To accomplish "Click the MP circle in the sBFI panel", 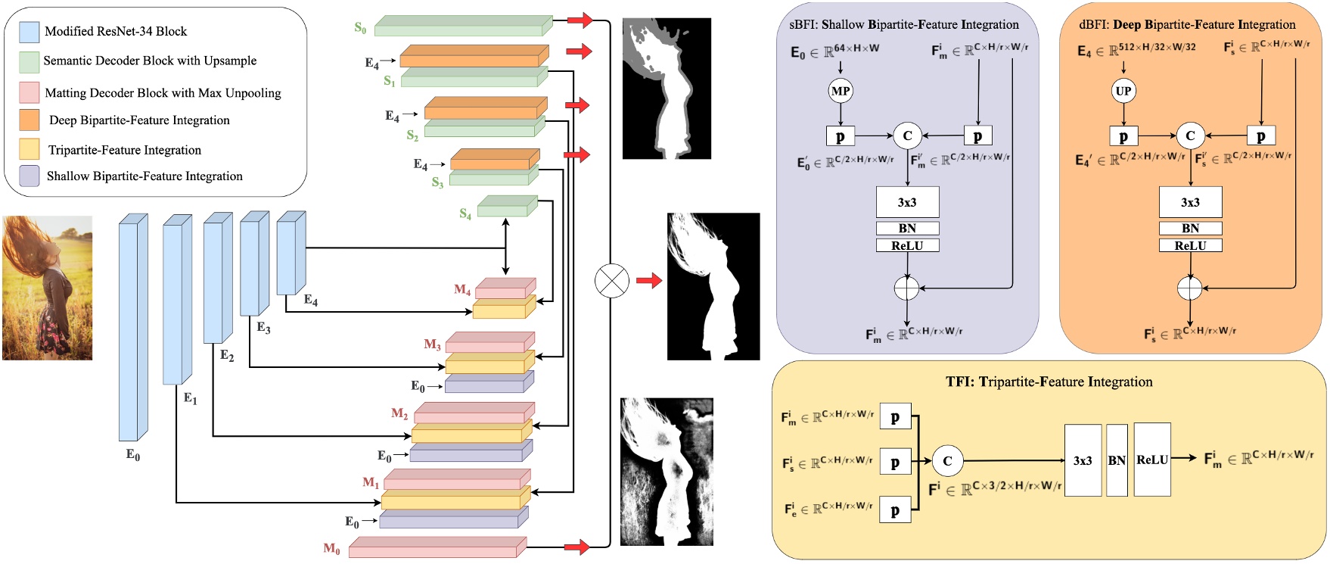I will [x=841, y=92].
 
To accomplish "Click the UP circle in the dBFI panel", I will [x=1123, y=92].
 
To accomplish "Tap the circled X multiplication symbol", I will [x=611, y=281].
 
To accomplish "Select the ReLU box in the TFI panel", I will [x=1152, y=460].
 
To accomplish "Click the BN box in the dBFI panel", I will [x=1190, y=228].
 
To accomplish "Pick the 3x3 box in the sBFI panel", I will [x=907, y=202].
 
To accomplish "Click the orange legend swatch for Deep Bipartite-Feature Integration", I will [x=30, y=120].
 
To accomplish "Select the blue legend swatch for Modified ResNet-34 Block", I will [x=30, y=32].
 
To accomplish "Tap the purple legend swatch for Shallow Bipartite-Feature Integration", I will [x=30, y=176].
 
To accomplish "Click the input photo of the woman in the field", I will [x=47, y=288].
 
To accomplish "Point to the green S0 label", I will [x=360, y=28].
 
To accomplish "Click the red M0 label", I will [x=331, y=549].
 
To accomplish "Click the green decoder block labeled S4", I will [x=506, y=206].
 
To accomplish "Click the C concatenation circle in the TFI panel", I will [x=947, y=460].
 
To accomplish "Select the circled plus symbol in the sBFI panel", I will [x=906, y=288].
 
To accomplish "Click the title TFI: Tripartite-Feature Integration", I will [x=1049, y=382].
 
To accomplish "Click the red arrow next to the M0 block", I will [x=576, y=547].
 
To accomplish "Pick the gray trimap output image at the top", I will [x=667, y=89].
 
